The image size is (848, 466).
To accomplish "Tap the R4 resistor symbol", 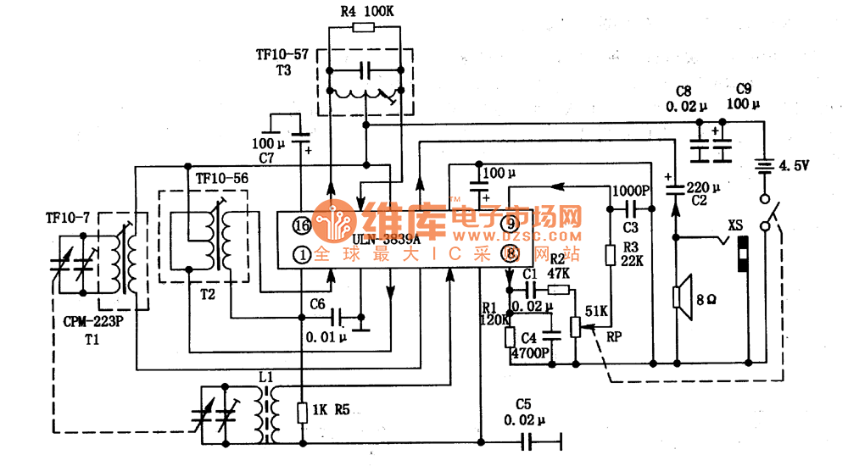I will [x=362, y=28].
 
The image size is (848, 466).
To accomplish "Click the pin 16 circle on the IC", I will [x=302, y=225].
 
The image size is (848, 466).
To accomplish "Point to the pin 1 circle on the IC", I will [x=302, y=253].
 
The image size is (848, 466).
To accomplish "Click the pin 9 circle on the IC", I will [x=510, y=224].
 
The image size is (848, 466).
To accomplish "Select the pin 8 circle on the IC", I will [x=510, y=251].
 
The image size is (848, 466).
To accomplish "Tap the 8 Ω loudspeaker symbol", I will [x=678, y=297].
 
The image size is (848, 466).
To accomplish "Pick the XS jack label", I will [x=735, y=225].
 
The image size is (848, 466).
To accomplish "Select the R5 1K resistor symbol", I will [x=302, y=413].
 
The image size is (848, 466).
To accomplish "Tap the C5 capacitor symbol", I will [x=529, y=441].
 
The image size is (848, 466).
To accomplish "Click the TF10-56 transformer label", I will [x=222, y=180].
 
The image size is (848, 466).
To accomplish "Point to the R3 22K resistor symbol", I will [x=609, y=254].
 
